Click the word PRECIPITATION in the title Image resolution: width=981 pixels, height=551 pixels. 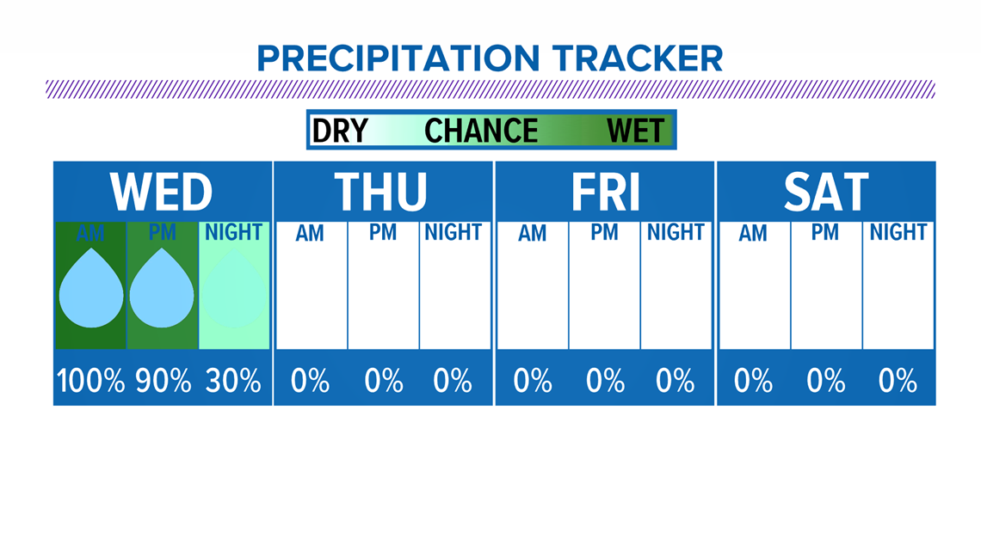click(x=398, y=58)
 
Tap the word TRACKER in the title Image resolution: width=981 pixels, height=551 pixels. click(x=638, y=58)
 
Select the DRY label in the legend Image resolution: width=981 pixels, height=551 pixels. click(x=340, y=131)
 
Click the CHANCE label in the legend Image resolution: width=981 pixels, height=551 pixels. click(x=481, y=131)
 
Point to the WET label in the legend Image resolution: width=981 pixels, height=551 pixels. click(x=635, y=131)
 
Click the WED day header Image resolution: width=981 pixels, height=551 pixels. click(x=162, y=192)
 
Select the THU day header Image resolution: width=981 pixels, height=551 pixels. click(x=380, y=192)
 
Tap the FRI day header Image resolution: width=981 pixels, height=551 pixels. click(x=606, y=192)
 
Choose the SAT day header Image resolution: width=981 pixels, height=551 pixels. click(x=826, y=192)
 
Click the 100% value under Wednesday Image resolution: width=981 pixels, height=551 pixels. click(x=90, y=381)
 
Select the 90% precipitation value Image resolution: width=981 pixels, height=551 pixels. click(x=163, y=381)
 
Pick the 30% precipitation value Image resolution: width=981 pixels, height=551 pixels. click(x=233, y=381)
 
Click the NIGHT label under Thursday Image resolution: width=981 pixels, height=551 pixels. click(x=453, y=232)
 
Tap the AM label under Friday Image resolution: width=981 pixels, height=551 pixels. click(x=533, y=233)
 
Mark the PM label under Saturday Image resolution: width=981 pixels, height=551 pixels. click(x=825, y=232)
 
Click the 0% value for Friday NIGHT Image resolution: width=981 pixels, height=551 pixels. click(x=675, y=381)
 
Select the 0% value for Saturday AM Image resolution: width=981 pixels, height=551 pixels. click(x=753, y=381)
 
